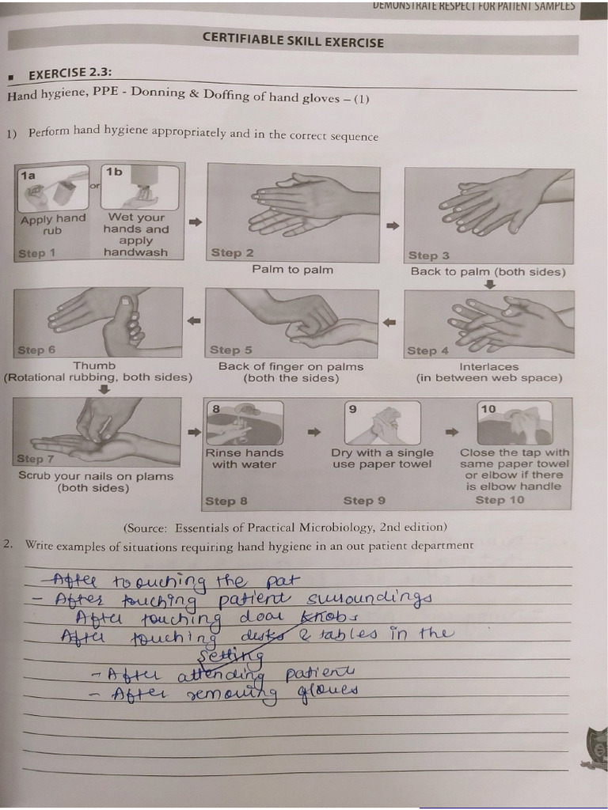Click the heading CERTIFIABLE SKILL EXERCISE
click(293, 40)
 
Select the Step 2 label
click(232, 253)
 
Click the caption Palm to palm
click(292, 270)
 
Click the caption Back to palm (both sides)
click(488, 271)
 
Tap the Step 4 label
click(427, 350)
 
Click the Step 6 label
click(36, 350)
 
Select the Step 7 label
click(36, 459)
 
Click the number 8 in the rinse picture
click(215, 408)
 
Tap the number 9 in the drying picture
click(352, 409)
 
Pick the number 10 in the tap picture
click(488, 409)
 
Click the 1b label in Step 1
click(115, 171)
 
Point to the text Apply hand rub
click(53, 225)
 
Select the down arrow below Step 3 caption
click(489, 285)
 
